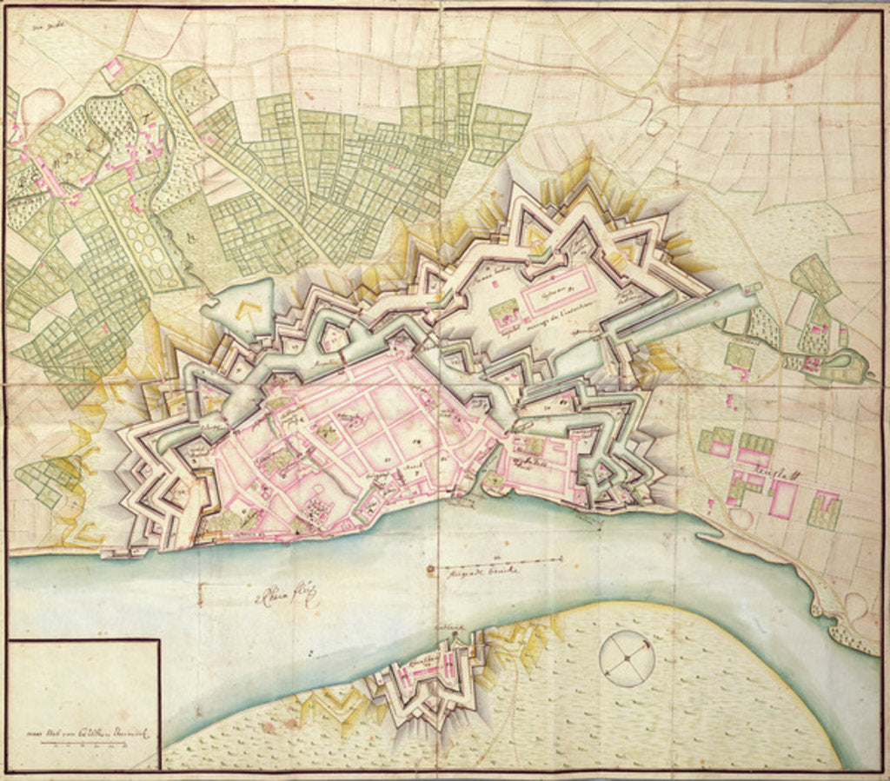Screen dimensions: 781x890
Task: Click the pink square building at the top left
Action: point(114,68)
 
